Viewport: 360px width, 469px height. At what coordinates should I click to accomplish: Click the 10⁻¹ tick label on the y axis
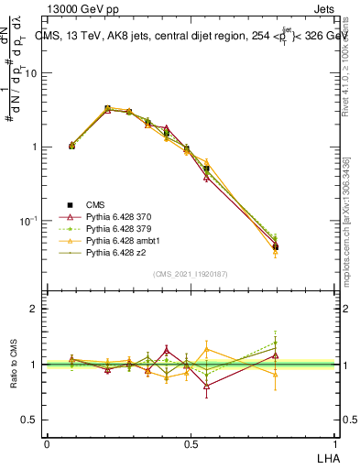(33, 221)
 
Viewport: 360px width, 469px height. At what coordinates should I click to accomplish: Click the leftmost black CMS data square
(72, 146)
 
